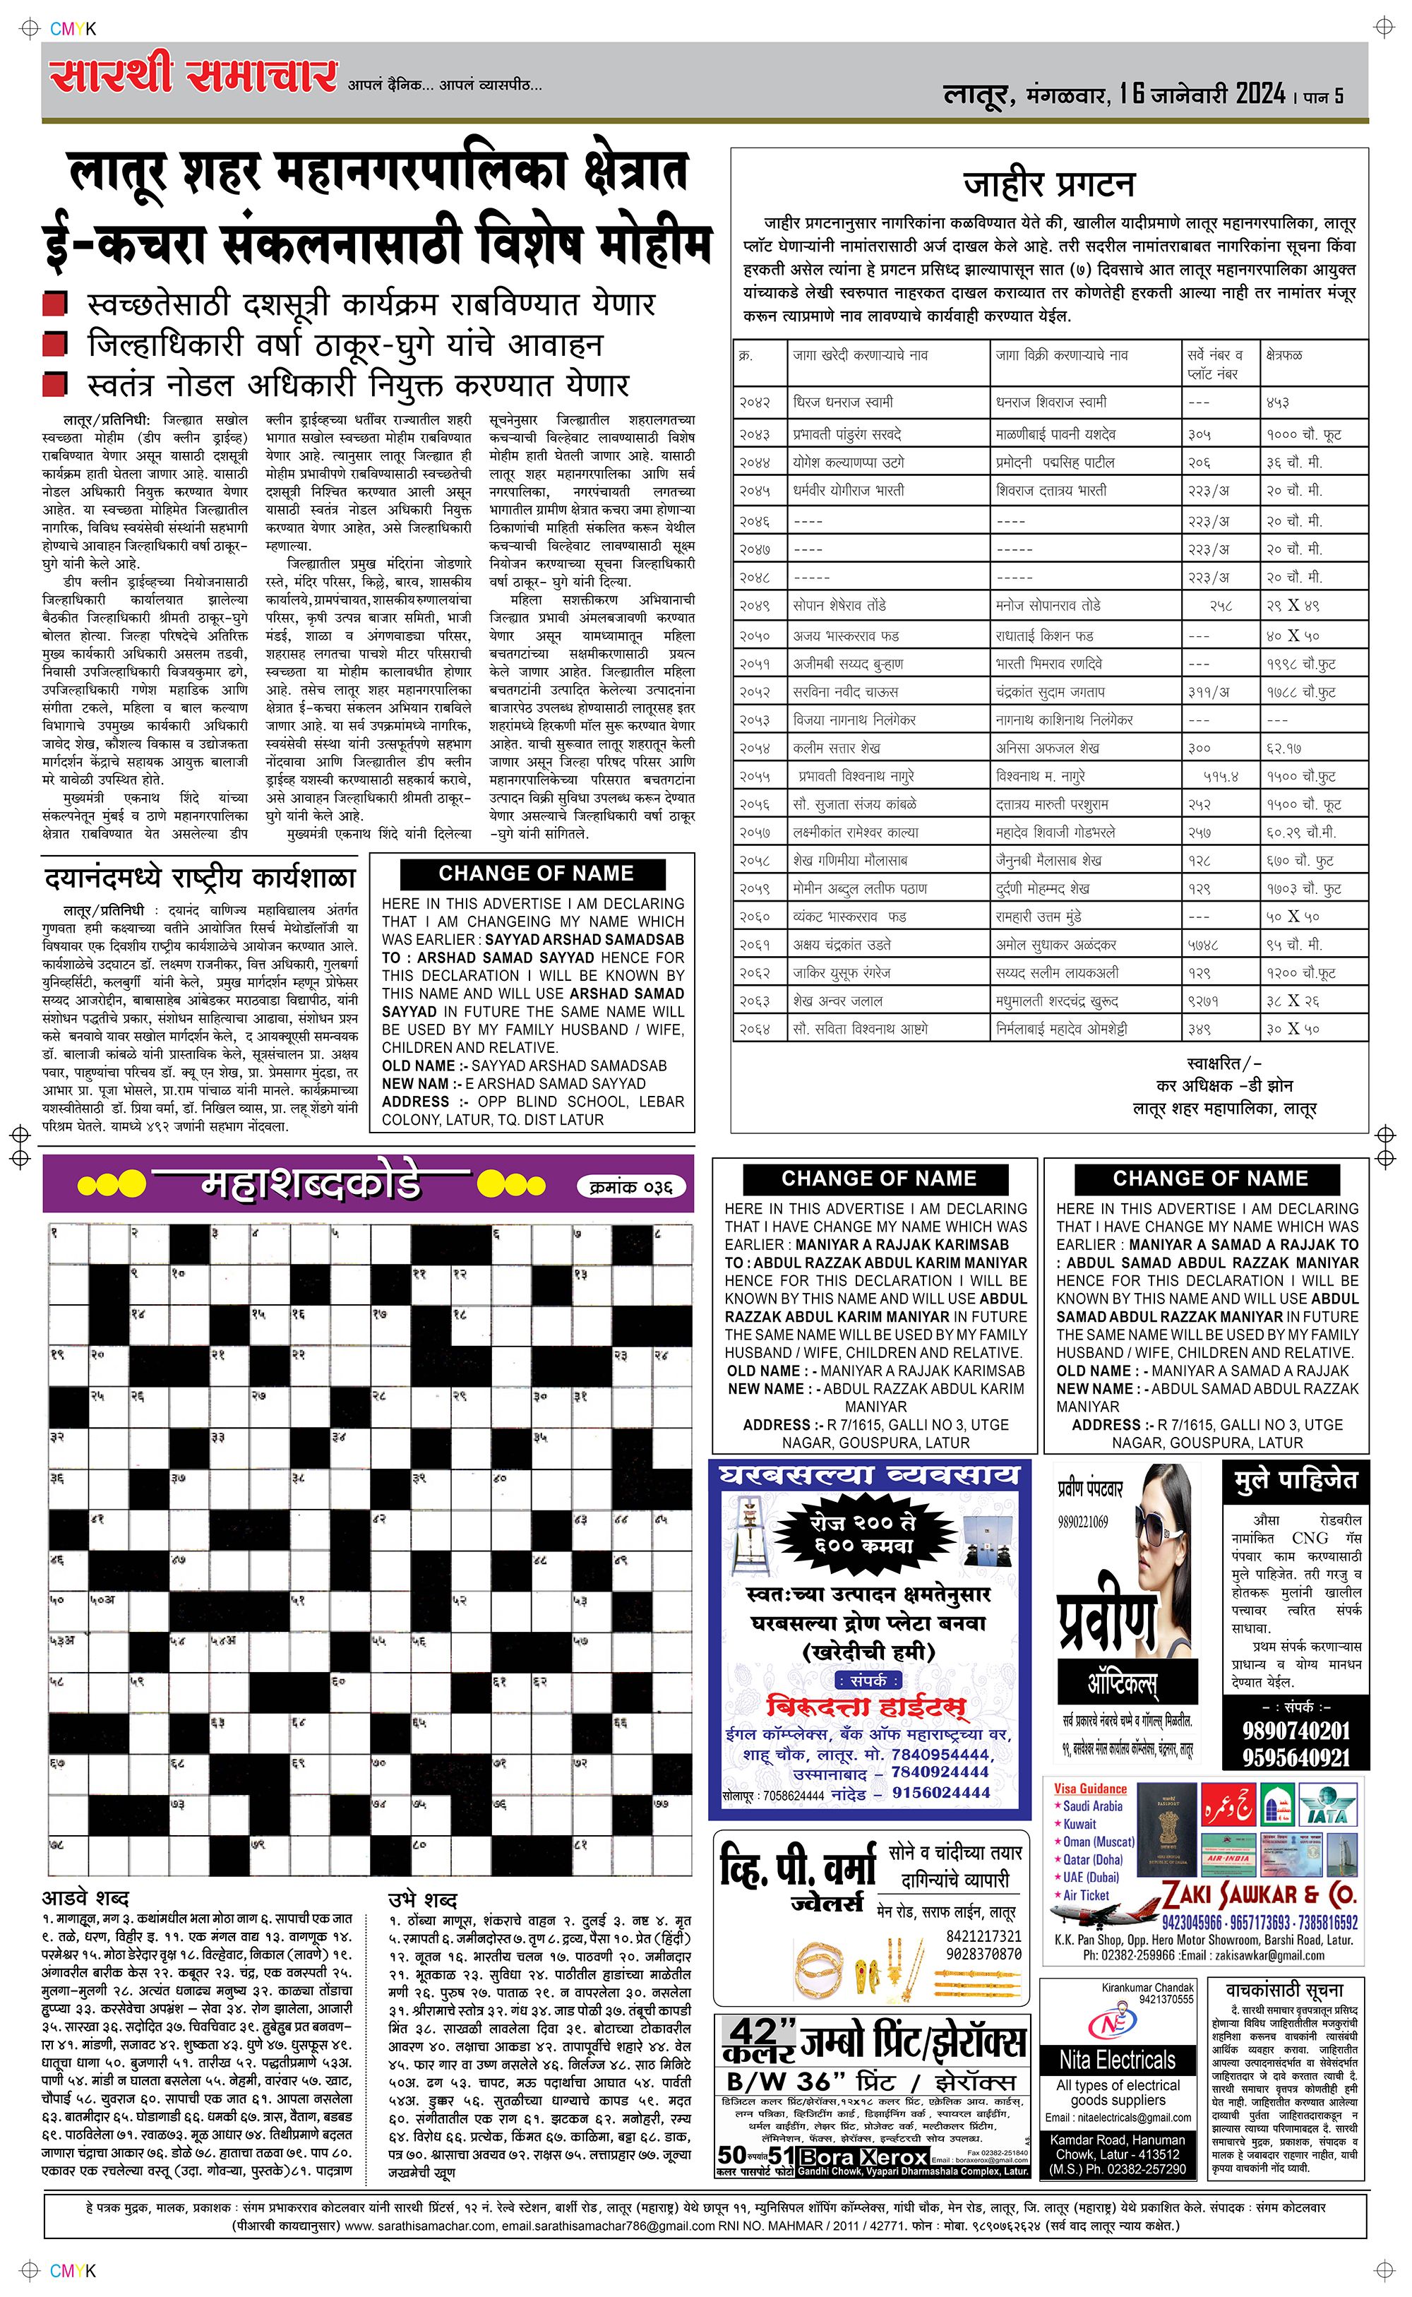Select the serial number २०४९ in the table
(755, 606)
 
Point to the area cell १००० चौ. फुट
(1304, 434)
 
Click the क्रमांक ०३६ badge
(633, 1187)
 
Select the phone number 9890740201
(1296, 1730)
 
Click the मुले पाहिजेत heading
(1296, 1481)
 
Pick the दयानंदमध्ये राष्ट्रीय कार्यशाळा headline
(200, 878)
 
